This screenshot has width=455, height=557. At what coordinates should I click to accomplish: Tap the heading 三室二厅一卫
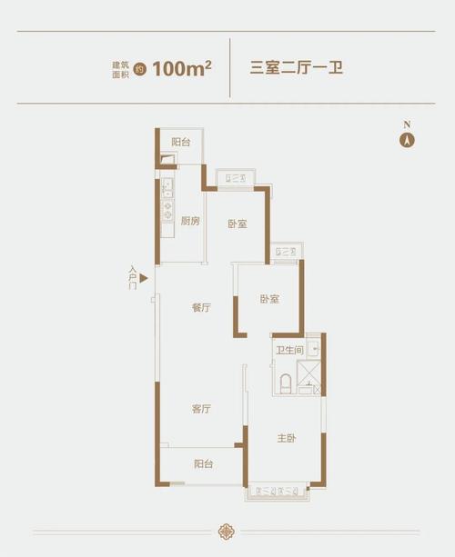point(296,67)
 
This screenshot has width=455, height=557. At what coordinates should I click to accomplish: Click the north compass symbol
point(409,140)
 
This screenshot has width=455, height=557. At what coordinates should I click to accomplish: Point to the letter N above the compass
point(409,124)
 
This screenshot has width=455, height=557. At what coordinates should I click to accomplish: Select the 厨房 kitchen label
point(190,222)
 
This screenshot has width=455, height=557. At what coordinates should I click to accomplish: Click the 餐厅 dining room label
point(201,307)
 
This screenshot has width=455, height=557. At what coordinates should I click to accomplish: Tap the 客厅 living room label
point(201,409)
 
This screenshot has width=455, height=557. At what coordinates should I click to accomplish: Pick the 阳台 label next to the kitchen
point(181,143)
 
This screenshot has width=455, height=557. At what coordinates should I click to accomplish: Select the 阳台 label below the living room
point(203,464)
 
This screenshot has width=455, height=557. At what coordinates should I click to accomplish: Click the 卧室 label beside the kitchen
point(238,224)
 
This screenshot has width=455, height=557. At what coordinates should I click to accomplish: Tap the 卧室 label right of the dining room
point(268,299)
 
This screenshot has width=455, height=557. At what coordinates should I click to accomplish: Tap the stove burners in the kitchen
point(167,208)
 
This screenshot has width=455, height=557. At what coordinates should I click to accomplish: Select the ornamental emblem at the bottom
point(227,531)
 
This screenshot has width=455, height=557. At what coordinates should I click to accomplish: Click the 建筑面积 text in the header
point(121,67)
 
